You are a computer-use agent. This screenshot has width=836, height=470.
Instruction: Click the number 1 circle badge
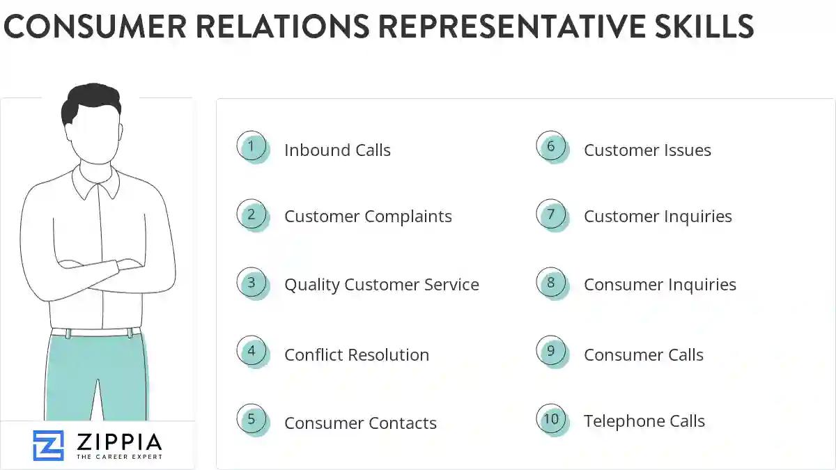[x=251, y=147]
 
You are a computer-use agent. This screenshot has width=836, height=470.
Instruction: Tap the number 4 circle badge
[x=251, y=352]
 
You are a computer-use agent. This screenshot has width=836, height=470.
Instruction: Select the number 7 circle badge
[x=551, y=214]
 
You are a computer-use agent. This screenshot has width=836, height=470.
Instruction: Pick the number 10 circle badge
[x=551, y=419]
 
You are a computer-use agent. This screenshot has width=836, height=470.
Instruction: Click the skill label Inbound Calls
[x=337, y=150]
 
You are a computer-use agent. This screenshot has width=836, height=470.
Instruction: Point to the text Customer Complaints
[x=368, y=217]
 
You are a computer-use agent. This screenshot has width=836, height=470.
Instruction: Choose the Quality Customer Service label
[x=381, y=285]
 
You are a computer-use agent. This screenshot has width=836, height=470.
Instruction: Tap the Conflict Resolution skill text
[x=356, y=354]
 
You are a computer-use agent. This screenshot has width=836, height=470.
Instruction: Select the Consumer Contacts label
[x=360, y=423]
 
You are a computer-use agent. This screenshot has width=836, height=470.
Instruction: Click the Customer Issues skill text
[x=647, y=150]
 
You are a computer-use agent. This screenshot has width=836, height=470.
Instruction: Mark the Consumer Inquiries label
[x=660, y=285]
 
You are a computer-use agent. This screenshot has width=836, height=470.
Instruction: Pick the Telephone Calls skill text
[x=644, y=421]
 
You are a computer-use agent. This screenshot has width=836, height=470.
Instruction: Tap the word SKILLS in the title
[x=705, y=26]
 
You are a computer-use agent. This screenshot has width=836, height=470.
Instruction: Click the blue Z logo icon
[x=48, y=446]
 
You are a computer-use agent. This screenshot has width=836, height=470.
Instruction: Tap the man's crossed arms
[x=98, y=268]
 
